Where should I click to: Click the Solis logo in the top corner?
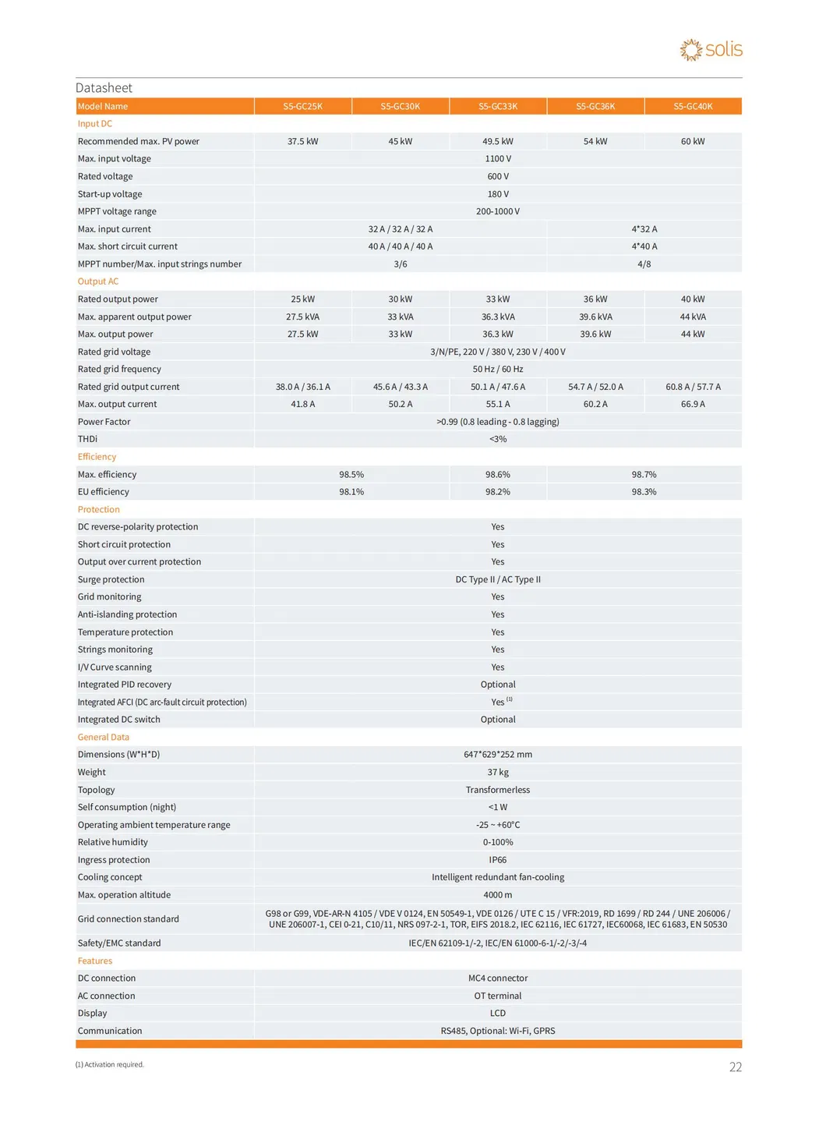coord(711,50)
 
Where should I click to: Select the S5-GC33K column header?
coord(498,106)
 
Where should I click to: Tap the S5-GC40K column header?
coord(693,106)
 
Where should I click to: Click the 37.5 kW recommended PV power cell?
coord(302,141)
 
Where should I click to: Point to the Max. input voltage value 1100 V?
coord(498,159)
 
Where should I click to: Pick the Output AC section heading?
coord(98,281)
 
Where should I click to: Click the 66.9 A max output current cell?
coord(693,404)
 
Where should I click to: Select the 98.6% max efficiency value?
coord(498,474)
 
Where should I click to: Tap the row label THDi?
coord(87,439)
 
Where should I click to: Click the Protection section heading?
coord(99,509)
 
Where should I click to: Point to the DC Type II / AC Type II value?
coord(498,579)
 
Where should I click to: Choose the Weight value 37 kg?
coord(498,772)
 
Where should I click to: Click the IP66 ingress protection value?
coord(498,860)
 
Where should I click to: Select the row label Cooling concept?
coord(110,877)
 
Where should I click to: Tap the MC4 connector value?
coord(498,978)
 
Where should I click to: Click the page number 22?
coord(735,1067)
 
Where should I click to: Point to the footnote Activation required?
coord(110,1064)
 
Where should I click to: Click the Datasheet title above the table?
coord(104,88)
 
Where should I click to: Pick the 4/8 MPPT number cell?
coord(644,264)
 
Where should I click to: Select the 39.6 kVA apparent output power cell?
coord(595,317)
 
